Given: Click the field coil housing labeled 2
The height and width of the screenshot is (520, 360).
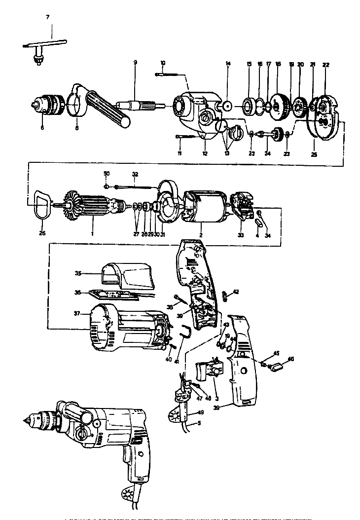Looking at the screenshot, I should click(x=202, y=205).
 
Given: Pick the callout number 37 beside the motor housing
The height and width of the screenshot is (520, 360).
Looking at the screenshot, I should click(x=76, y=313).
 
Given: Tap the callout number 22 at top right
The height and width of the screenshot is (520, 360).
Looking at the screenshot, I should click(x=325, y=65).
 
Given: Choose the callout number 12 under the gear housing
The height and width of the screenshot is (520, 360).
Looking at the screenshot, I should click(x=204, y=153).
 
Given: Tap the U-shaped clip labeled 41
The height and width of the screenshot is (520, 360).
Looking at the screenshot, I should click(x=185, y=332).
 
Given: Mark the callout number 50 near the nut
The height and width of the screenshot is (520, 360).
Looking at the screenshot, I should click(x=106, y=173).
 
